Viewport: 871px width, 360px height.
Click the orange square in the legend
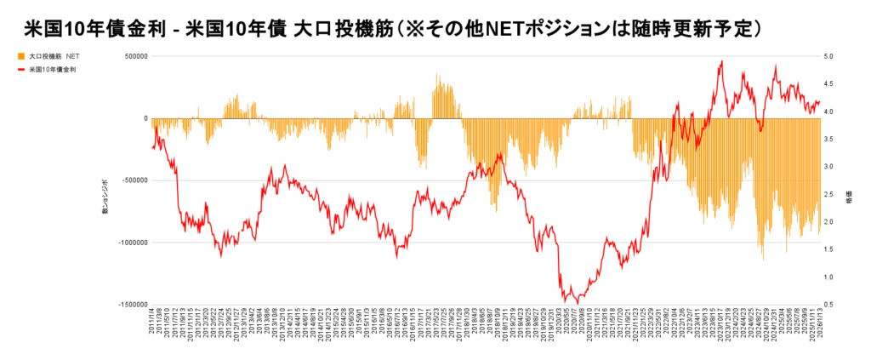point(21,57)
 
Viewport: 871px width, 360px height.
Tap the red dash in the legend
point(21,70)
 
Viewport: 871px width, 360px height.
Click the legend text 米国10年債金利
point(53,70)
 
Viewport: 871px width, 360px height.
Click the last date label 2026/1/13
point(820,327)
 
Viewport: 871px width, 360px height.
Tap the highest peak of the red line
point(721,61)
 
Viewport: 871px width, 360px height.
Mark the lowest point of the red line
point(578,302)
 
